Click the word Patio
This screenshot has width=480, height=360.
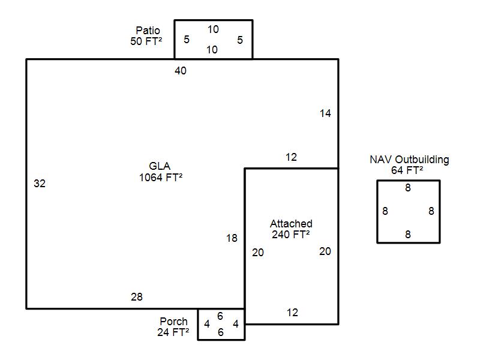pyautogui.click(x=148, y=31)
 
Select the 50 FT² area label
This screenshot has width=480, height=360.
pyautogui.click(x=146, y=41)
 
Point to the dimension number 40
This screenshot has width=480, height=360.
pyautogui.click(x=181, y=71)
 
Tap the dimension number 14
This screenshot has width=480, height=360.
pyautogui.click(x=325, y=113)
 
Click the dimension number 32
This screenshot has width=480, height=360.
pyautogui.click(x=40, y=184)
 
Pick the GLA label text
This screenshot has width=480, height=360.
pyautogui.click(x=160, y=166)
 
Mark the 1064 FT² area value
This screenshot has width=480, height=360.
pyautogui.click(x=161, y=177)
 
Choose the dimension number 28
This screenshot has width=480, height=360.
pyautogui.click(x=137, y=296)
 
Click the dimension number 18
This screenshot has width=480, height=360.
pyautogui.click(x=232, y=238)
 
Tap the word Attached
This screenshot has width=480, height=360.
pyautogui.click(x=291, y=223)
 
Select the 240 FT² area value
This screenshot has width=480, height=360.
pyautogui.click(x=291, y=235)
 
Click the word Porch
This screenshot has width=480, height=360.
pyautogui.click(x=173, y=322)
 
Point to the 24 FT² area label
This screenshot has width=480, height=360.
pyautogui.click(x=173, y=332)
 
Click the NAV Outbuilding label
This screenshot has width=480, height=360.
pyautogui.click(x=410, y=160)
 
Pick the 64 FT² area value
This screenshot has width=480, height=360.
pyautogui.click(x=407, y=170)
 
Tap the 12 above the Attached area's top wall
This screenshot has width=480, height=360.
pyautogui.click(x=291, y=157)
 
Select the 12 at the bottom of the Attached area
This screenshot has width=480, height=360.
pyautogui.click(x=292, y=313)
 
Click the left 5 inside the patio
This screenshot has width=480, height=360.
pyautogui.click(x=187, y=39)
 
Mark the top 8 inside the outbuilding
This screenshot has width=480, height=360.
pyautogui.click(x=408, y=187)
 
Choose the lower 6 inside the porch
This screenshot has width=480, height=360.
pyautogui.click(x=221, y=332)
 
